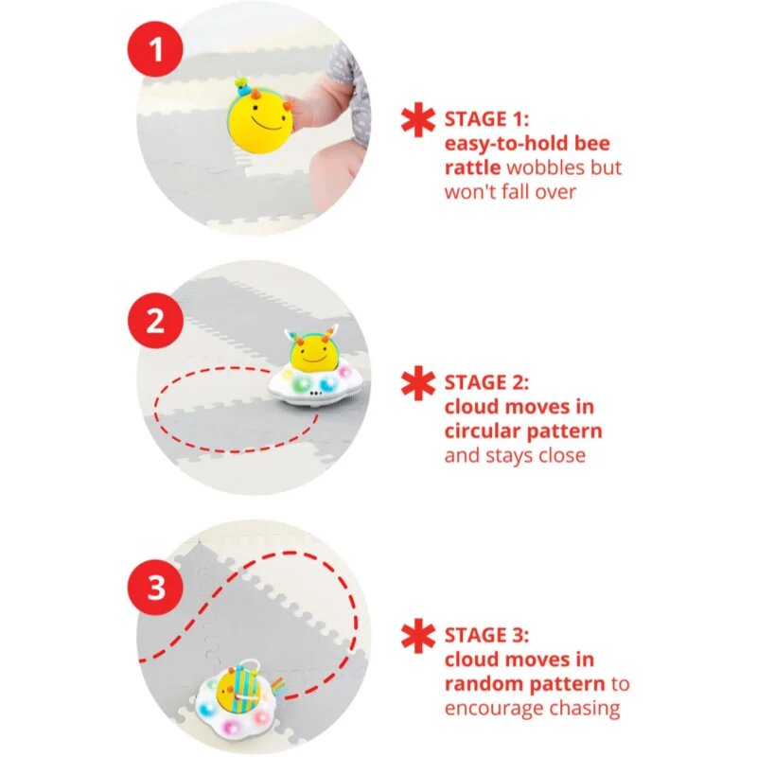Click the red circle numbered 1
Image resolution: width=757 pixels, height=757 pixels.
coord(155,49)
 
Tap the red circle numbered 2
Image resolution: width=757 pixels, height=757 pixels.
coord(155,321)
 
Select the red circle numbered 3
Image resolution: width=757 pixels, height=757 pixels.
coord(155,588)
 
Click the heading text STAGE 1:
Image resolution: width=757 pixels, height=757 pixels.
coord(486,119)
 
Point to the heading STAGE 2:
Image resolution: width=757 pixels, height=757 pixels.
coord(486,382)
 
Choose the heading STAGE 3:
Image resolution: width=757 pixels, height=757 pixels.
coord(486,635)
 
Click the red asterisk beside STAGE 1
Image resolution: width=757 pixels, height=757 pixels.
coord(418,120)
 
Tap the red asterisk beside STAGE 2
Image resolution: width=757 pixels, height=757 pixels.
coord(418,383)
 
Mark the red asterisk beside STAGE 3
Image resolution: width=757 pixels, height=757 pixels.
coord(418,635)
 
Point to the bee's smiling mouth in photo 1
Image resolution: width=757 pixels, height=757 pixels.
coord(267,125)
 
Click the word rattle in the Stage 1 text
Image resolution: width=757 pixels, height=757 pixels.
coord(472,168)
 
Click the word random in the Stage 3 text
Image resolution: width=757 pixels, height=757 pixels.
coord(485,684)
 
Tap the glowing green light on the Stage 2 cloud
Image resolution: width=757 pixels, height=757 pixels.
coord(302,384)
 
